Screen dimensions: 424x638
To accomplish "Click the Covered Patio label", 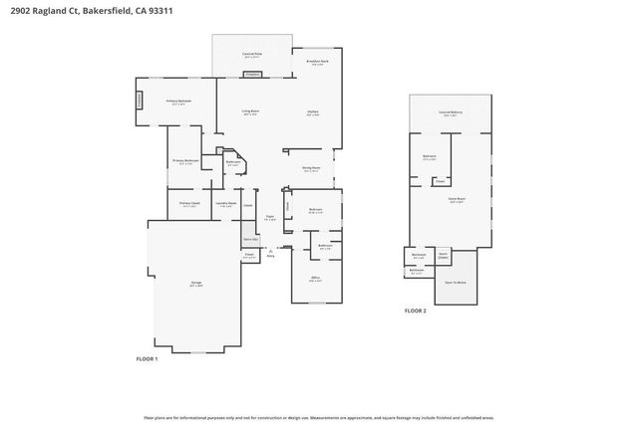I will click(x=252, y=56).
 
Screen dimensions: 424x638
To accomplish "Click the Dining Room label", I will click(x=311, y=169).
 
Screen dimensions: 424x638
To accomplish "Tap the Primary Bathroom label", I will click(x=185, y=160).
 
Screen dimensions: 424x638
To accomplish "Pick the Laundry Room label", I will click(x=225, y=204).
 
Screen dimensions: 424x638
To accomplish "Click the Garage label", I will click(x=195, y=284).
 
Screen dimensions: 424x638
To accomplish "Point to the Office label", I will click(x=314, y=280).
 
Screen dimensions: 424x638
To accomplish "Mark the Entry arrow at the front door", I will click(x=268, y=252).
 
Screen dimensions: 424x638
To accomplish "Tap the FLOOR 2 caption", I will click(x=415, y=311).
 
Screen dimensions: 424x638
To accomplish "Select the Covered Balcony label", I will click(x=451, y=113).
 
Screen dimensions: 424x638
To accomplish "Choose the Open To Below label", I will click(x=455, y=284).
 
